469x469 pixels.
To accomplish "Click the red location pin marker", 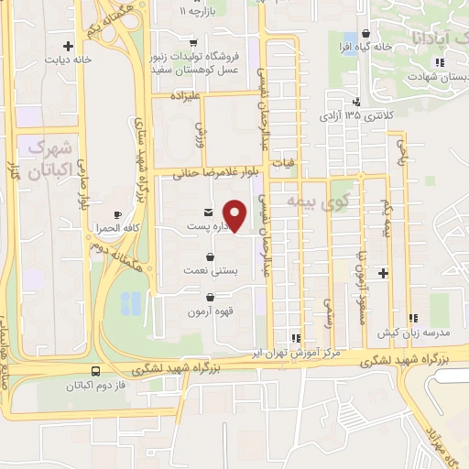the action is click(235, 216).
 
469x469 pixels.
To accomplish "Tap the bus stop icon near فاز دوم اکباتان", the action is click(94, 371).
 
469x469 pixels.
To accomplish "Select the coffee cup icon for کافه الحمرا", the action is click(118, 214).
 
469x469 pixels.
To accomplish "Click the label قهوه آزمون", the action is click(212, 311).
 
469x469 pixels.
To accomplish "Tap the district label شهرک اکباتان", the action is click(49, 158).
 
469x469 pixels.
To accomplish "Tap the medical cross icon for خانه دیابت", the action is click(67, 45).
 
